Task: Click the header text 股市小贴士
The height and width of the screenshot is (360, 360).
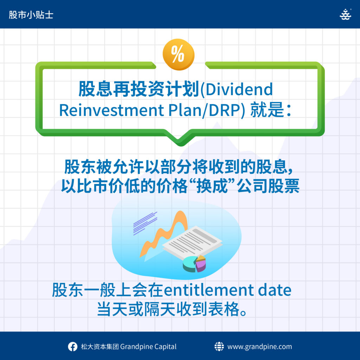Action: tap(31, 15)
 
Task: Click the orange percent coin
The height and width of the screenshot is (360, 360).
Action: tap(178, 54)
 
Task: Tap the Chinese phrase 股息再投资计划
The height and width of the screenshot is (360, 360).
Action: tap(139, 89)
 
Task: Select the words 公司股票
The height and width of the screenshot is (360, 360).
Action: tap(268, 186)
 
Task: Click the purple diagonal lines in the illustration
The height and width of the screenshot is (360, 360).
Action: tap(145, 223)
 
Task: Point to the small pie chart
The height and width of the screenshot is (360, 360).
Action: tap(194, 264)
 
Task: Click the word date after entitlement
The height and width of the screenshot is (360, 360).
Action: tap(275, 290)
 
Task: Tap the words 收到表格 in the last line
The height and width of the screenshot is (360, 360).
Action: tap(208, 309)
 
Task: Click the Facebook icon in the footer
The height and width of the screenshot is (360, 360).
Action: tap(72, 346)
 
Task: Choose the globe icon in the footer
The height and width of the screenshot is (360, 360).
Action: tap(219, 346)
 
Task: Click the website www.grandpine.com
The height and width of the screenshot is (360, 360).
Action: tap(260, 347)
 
